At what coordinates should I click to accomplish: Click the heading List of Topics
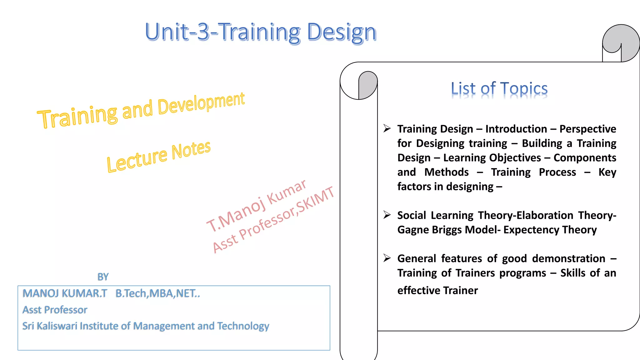pos(499,88)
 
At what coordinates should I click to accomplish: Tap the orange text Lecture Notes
pos(158,156)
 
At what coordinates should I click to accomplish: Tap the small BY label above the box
pos(103,277)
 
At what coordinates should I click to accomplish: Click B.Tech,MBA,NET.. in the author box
pos(157,293)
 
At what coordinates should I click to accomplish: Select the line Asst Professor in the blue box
pos(55,310)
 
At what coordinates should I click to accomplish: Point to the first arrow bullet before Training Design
pos(387,128)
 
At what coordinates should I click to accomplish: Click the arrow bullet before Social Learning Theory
pos(387,215)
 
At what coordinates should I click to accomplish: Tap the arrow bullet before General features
pos(387,258)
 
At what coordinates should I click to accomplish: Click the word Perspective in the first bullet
pos(587,129)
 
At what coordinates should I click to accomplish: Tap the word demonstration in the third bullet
pos(568,259)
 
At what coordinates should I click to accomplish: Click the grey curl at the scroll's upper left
pos(367,85)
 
